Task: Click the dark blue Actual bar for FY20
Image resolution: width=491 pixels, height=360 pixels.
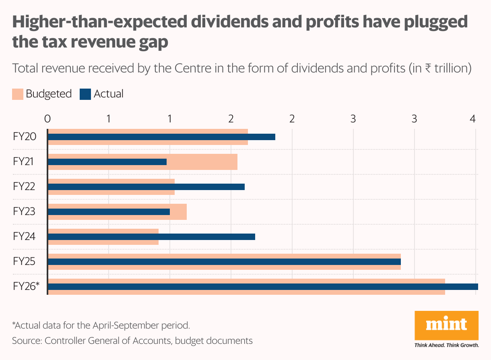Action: pyautogui.click(x=161, y=137)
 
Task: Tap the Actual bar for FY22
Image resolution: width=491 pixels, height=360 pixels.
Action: pyautogui.click(x=146, y=187)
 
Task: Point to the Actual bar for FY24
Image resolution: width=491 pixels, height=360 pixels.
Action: pyautogui.click(x=151, y=237)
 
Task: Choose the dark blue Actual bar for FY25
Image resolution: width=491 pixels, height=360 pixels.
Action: pyautogui.click(x=224, y=262)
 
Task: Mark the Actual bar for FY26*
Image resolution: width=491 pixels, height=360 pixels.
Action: pyautogui.click(x=262, y=287)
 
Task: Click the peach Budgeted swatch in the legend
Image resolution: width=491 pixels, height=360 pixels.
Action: pyautogui.click(x=18, y=94)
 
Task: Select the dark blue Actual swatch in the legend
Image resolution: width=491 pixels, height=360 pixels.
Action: pyautogui.click(x=85, y=94)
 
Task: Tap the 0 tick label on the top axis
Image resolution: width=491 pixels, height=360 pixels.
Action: pyautogui.click(x=47, y=119)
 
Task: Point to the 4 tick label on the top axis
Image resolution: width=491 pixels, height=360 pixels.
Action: pyautogui.click(x=473, y=119)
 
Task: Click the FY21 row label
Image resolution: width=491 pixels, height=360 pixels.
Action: pyautogui.click(x=23, y=162)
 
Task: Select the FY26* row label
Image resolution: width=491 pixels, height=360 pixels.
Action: pyautogui.click(x=26, y=287)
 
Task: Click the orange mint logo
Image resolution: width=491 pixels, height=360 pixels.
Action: pyautogui.click(x=446, y=325)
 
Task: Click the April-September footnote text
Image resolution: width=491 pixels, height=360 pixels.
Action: pyautogui.click(x=101, y=325)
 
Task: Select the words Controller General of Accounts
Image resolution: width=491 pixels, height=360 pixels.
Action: pyautogui.click(x=107, y=341)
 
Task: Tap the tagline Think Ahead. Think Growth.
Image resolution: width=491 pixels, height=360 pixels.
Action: pyautogui.click(x=446, y=346)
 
